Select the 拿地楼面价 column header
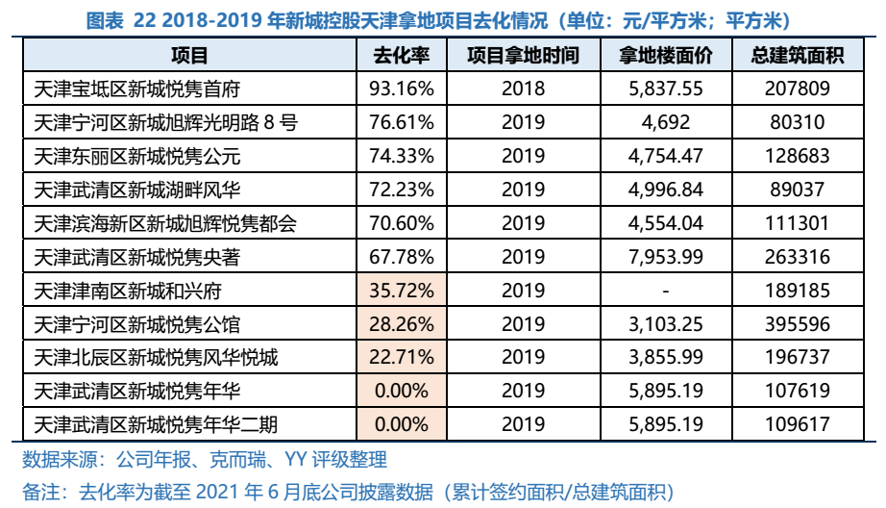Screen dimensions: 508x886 666,56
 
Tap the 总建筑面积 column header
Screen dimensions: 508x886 797,56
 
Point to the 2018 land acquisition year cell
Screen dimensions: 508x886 523,89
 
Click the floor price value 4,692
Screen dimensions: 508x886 666,123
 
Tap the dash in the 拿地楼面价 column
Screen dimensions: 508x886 666,290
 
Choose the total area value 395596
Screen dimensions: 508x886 797,323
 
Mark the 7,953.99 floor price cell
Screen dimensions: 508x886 666,257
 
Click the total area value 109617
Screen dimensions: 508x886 797,423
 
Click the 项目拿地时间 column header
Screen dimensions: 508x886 523,56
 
